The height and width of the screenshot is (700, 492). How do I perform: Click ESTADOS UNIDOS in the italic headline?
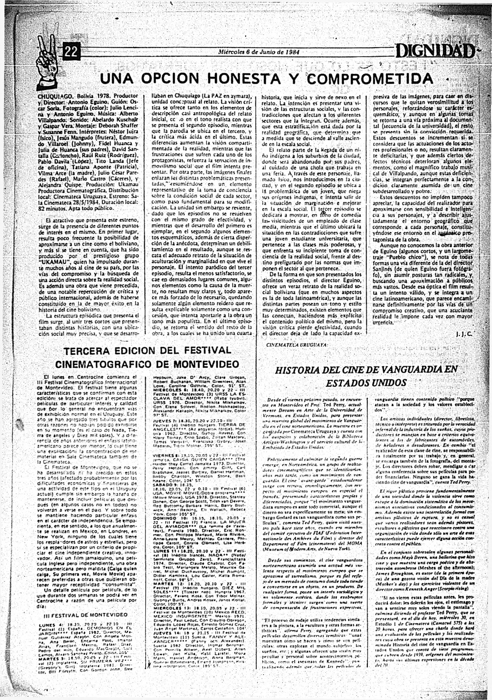tap(366, 383)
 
